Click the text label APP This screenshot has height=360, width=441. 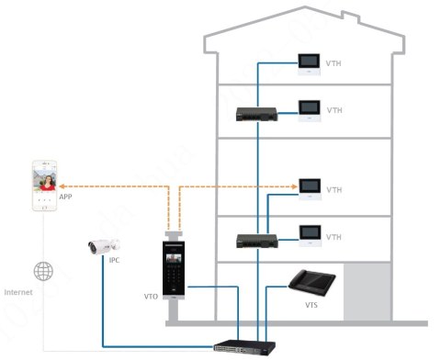click(66, 197)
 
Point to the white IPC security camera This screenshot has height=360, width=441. click(103, 245)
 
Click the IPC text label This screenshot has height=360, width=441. click(114, 261)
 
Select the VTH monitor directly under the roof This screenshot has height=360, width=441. click(309, 62)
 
